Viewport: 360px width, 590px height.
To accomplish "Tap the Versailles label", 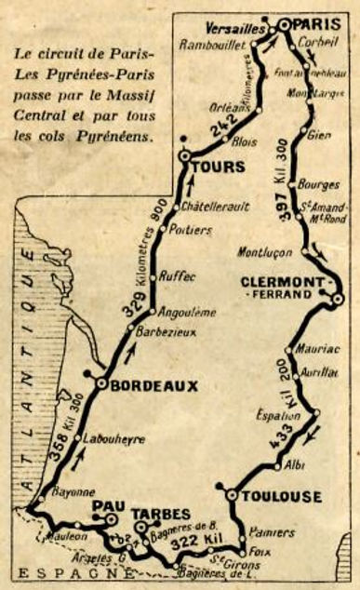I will (238, 25).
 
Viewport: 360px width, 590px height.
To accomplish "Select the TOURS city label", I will (222, 167).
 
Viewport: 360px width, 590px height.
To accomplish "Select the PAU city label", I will (108, 506).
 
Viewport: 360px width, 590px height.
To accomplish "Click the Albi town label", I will (295, 463).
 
